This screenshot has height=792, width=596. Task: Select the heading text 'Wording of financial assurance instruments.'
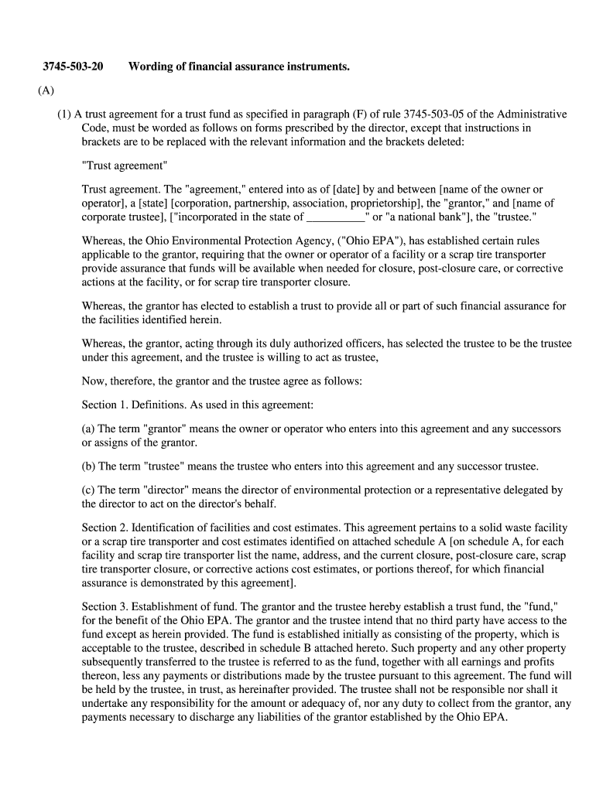click(239, 67)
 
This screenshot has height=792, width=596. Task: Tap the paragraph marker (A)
click(46, 90)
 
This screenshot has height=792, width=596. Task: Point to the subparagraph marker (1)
click(63, 114)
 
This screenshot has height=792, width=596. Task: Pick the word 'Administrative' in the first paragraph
click(531, 114)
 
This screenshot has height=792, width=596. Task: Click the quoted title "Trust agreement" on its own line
click(124, 166)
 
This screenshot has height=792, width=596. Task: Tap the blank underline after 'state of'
click(335, 217)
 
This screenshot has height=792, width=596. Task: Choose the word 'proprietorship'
click(379, 203)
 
